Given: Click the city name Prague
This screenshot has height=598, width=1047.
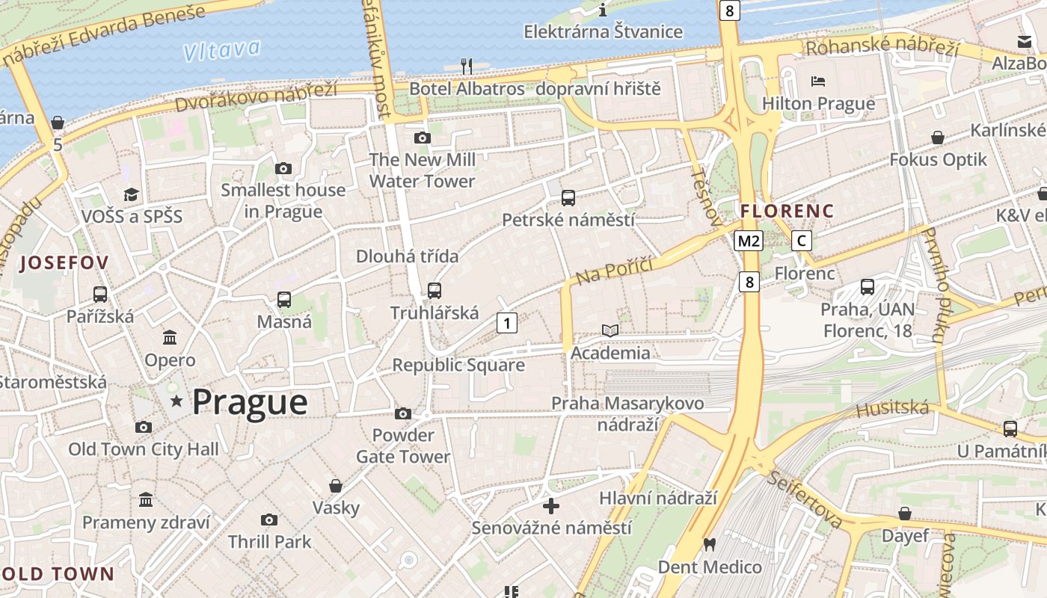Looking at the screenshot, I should coord(250,402).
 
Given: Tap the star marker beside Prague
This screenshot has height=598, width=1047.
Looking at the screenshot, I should coord(176,402).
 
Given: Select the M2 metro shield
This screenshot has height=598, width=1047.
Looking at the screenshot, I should coord(748,241).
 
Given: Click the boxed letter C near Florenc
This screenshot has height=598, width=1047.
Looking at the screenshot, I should coord(802,241).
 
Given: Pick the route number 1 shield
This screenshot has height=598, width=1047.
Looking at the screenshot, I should coord(507,323).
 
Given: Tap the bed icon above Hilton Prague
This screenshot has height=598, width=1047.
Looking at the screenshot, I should coord(818,81).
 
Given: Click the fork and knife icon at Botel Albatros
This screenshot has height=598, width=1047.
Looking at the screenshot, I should coord(467,66).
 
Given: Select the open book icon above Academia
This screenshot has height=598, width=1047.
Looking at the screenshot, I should coord(610,330).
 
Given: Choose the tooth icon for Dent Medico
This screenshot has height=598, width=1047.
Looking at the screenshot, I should coord(709,545).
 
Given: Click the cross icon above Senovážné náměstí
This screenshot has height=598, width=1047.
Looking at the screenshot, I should coord(551,506).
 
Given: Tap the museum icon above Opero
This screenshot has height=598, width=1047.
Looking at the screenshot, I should coord(170,337).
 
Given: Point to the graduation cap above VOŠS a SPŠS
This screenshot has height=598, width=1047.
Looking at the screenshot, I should coord(132,194).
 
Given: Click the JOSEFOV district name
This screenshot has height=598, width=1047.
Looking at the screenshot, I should coord(64,262).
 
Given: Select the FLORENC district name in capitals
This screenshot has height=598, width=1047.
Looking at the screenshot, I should coord(787,212).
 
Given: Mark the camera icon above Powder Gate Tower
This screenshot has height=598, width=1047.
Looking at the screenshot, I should coord(403,413).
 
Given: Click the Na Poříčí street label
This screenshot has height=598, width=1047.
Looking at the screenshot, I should coord(615,270).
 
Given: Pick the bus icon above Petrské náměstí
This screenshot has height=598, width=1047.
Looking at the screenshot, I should coord(568,198).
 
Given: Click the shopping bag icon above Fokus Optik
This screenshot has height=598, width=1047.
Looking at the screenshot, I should coord(938,138).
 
